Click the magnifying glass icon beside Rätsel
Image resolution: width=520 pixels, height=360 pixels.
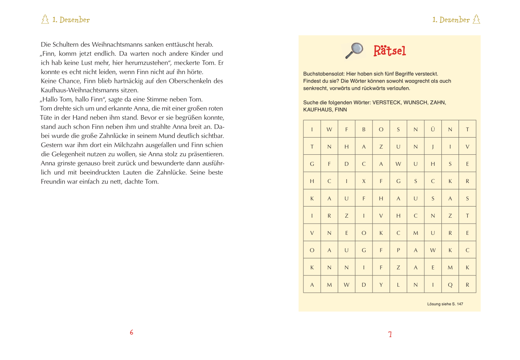pyautogui.click(x=354, y=50)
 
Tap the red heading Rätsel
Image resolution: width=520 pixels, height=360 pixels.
pyautogui.click(x=390, y=51)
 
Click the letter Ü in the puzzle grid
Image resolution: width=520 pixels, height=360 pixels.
pyautogui.click(x=433, y=129)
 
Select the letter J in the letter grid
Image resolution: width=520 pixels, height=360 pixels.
pyautogui.click(x=433, y=146)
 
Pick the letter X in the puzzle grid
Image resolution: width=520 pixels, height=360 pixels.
pyautogui.click(x=364, y=181)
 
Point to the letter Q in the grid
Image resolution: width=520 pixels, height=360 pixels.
pyautogui.click(x=450, y=285)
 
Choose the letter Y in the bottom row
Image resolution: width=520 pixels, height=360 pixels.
pyautogui.click(x=381, y=285)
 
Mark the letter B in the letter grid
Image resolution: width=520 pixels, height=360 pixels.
pyautogui.click(x=364, y=129)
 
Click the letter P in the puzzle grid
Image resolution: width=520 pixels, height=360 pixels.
pyautogui.click(x=398, y=250)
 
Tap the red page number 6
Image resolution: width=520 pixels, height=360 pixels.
pyautogui.click(x=131, y=332)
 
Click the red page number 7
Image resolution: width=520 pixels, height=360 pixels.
pyautogui.click(x=390, y=334)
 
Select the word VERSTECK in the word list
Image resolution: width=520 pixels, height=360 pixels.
pyautogui.click(x=386, y=102)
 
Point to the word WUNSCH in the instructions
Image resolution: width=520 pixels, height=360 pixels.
pyautogui.click(x=415, y=102)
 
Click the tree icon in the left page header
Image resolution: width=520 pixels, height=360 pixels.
pyautogui.click(x=45, y=19)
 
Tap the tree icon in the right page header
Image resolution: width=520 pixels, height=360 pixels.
pyautogui.click(x=476, y=19)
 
